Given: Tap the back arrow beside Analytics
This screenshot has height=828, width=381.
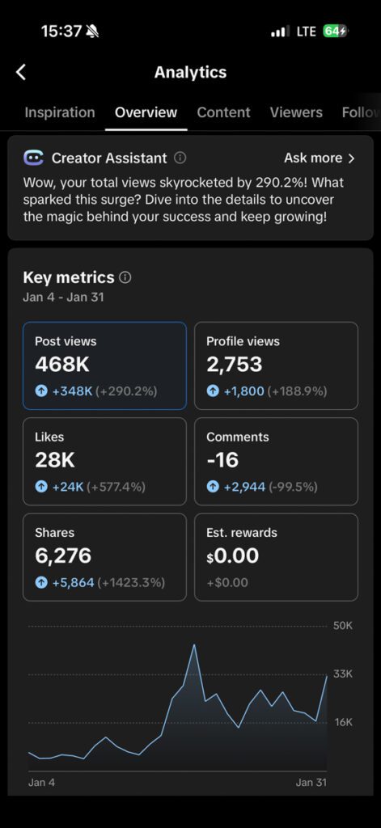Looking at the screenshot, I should tap(21, 72).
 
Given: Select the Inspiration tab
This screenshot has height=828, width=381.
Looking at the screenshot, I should tap(59, 112).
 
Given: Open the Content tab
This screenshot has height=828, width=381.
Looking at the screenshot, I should tap(223, 112).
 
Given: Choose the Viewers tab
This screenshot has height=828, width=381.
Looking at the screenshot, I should tap(296, 112).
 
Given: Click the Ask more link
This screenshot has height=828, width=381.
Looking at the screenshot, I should tap(319, 158).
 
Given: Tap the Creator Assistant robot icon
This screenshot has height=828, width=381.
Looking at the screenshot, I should tap(33, 158).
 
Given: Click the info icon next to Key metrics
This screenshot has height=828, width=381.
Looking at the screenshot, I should tap(125, 277).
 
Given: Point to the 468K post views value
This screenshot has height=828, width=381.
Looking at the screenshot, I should tap(61, 365).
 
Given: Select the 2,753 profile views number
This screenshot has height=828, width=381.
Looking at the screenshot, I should tap(234, 365).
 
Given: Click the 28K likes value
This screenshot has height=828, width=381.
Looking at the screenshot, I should tap(54, 460).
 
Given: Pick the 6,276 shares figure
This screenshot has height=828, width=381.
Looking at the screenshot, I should tap(63, 556).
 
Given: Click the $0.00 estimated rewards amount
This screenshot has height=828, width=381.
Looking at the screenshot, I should tap(233, 556).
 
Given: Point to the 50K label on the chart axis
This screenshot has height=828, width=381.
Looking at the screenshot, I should tap(343, 626).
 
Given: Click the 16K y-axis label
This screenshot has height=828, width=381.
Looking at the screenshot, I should tap(343, 722).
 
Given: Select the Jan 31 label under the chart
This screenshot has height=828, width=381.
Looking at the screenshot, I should tap(311, 782).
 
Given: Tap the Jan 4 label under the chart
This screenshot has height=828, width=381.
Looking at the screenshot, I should tap(42, 782).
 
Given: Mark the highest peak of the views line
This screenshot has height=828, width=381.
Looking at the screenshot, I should tap(194, 645).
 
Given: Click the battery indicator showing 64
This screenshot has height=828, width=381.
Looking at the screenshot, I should tap(335, 32).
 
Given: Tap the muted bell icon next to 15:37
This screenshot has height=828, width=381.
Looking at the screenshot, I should tap(92, 32).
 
